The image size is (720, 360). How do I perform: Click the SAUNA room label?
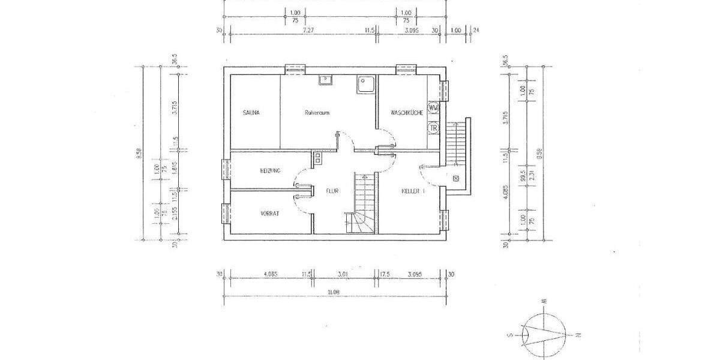click(x=251, y=113)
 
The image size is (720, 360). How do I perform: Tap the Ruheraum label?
click(x=317, y=113)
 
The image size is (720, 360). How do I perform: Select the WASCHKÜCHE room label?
click(x=407, y=113)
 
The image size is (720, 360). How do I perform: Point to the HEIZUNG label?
click(x=270, y=171)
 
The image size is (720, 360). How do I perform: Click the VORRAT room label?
click(x=270, y=213)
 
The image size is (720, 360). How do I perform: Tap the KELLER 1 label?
click(x=413, y=191)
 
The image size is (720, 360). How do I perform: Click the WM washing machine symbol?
click(x=434, y=108)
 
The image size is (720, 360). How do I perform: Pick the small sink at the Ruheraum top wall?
click(x=326, y=80)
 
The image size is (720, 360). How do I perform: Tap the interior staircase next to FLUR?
click(x=362, y=204)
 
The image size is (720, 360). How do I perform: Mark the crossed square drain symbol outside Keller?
click(x=455, y=178)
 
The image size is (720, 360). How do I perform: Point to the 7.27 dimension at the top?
click(x=308, y=29)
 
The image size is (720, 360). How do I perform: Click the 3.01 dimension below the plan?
click(x=343, y=274)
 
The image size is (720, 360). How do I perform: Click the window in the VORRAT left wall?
click(x=226, y=213)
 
